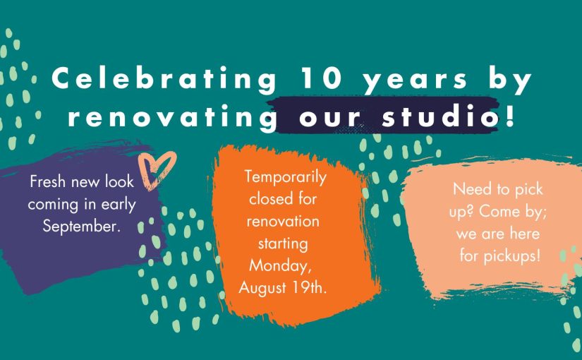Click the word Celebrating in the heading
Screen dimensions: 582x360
point(164,79)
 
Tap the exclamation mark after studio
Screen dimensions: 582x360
point(511,114)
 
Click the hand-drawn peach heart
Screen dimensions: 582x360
point(157,170)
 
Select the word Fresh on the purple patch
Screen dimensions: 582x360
point(48,181)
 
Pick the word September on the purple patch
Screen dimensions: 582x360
point(82,227)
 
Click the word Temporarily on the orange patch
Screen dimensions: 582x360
point(286,178)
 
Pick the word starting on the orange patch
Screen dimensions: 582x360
point(283,245)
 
